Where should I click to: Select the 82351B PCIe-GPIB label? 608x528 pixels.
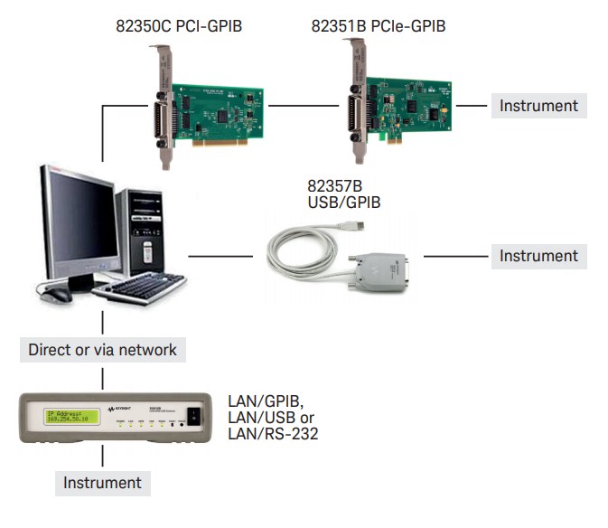(379, 26)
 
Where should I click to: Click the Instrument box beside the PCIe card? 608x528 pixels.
(538, 106)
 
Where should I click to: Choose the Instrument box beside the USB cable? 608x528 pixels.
(538, 256)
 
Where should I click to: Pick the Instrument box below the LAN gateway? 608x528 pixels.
(102, 483)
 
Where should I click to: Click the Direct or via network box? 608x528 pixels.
(102, 349)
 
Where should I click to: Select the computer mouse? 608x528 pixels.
(57, 294)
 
